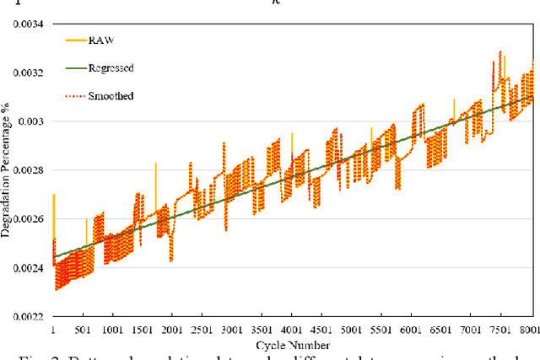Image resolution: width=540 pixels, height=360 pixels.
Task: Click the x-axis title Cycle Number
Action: (x=294, y=345)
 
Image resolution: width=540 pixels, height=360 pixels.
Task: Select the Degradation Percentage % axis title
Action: (x=8, y=169)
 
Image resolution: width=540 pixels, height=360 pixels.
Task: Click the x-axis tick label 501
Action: (x=83, y=330)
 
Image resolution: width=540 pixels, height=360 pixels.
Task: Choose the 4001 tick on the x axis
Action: (x=292, y=330)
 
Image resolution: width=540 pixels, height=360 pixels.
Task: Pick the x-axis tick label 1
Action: (x=53, y=330)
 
